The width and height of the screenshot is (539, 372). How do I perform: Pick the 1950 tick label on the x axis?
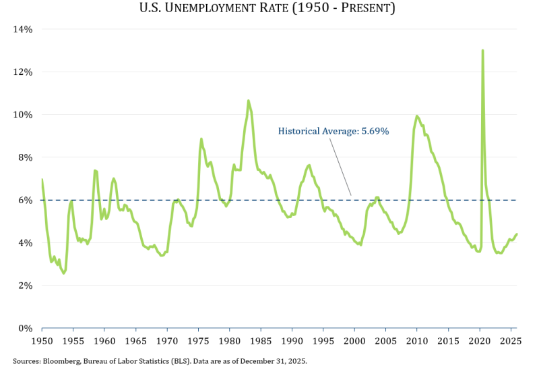pyautogui.click(x=42, y=341)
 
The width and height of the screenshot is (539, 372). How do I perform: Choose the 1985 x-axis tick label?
pyautogui.click(x=261, y=341)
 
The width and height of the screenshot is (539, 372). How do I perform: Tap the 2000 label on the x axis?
pyautogui.click(x=354, y=341)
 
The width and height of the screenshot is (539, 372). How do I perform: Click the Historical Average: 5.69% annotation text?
pyautogui.click(x=334, y=132)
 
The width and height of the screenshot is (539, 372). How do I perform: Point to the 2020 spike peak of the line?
pyautogui.click(x=482, y=51)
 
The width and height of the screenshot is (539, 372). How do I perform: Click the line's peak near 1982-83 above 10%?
pyautogui.click(x=249, y=101)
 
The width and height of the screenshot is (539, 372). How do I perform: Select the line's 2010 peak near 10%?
pyautogui.click(x=417, y=116)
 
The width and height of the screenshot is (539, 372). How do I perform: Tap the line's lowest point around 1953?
pyautogui.click(x=64, y=273)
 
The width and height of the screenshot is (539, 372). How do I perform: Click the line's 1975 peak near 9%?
pyautogui.click(x=201, y=139)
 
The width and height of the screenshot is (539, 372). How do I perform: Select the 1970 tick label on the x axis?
pyautogui.click(x=167, y=341)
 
